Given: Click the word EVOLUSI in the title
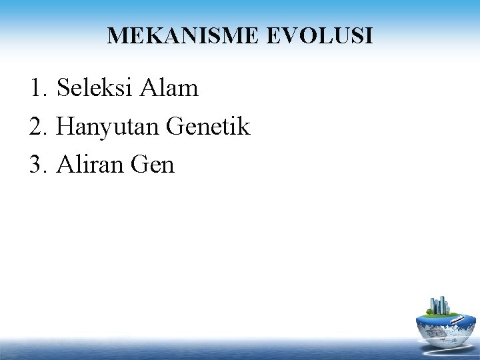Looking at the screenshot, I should [x=319, y=36].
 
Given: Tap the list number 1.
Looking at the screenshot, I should [x=37, y=88].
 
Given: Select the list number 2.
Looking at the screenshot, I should [x=37, y=127].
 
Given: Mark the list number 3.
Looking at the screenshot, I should [x=37, y=165].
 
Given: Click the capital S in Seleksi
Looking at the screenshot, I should [x=63, y=88].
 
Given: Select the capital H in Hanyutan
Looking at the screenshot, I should [x=66, y=127].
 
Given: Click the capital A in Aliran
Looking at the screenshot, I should [x=66, y=165].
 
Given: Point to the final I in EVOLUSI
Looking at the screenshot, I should [x=369, y=36].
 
